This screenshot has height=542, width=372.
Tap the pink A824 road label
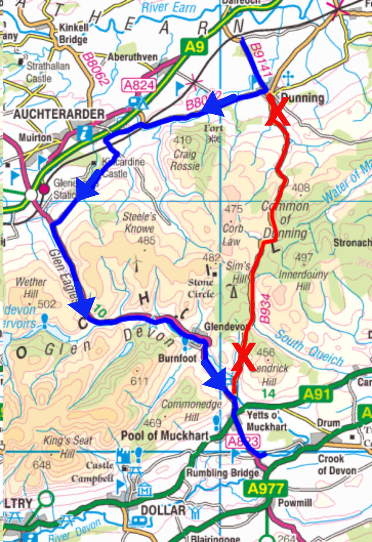coord(139,85)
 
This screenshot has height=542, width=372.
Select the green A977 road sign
coord(265,489)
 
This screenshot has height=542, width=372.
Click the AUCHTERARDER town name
coord(59,114)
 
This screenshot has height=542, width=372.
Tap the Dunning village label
coord(302,98)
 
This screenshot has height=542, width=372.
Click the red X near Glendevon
coord(243,356)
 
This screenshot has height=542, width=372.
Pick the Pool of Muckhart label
coord(165,435)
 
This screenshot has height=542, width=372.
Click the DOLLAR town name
coord(163,511)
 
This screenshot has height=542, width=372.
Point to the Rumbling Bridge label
coord(223,473)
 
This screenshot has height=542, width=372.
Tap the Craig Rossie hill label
coord(185,159)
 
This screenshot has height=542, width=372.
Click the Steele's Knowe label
coord(139,222)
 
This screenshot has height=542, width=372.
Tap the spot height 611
coord(139,381)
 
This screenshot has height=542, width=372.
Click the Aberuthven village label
coord(132,57)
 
